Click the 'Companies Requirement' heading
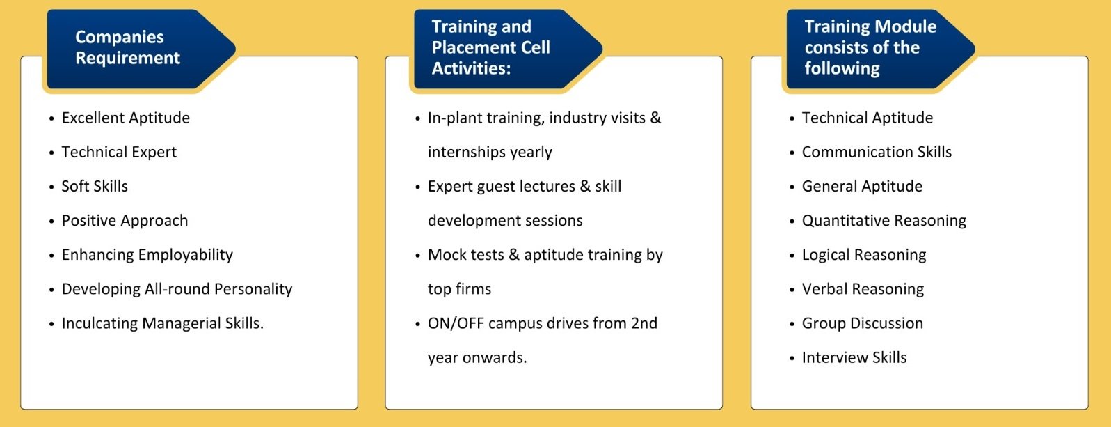click(127, 47)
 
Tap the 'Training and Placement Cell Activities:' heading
click(491, 47)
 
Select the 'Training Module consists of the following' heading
click(870, 47)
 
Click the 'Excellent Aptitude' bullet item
click(125, 118)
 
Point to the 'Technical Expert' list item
click(119, 153)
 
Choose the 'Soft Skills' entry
click(95, 186)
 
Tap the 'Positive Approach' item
click(125, 221)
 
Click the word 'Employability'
click(186, 255)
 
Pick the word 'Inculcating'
click(99, 324)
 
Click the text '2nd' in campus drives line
click(644, 323)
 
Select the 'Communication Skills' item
click(877, 152)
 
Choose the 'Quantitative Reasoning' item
click(884, 221)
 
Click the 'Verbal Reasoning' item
click(863, 290)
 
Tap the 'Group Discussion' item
click(863, 324)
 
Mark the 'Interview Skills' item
click(854, 357)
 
